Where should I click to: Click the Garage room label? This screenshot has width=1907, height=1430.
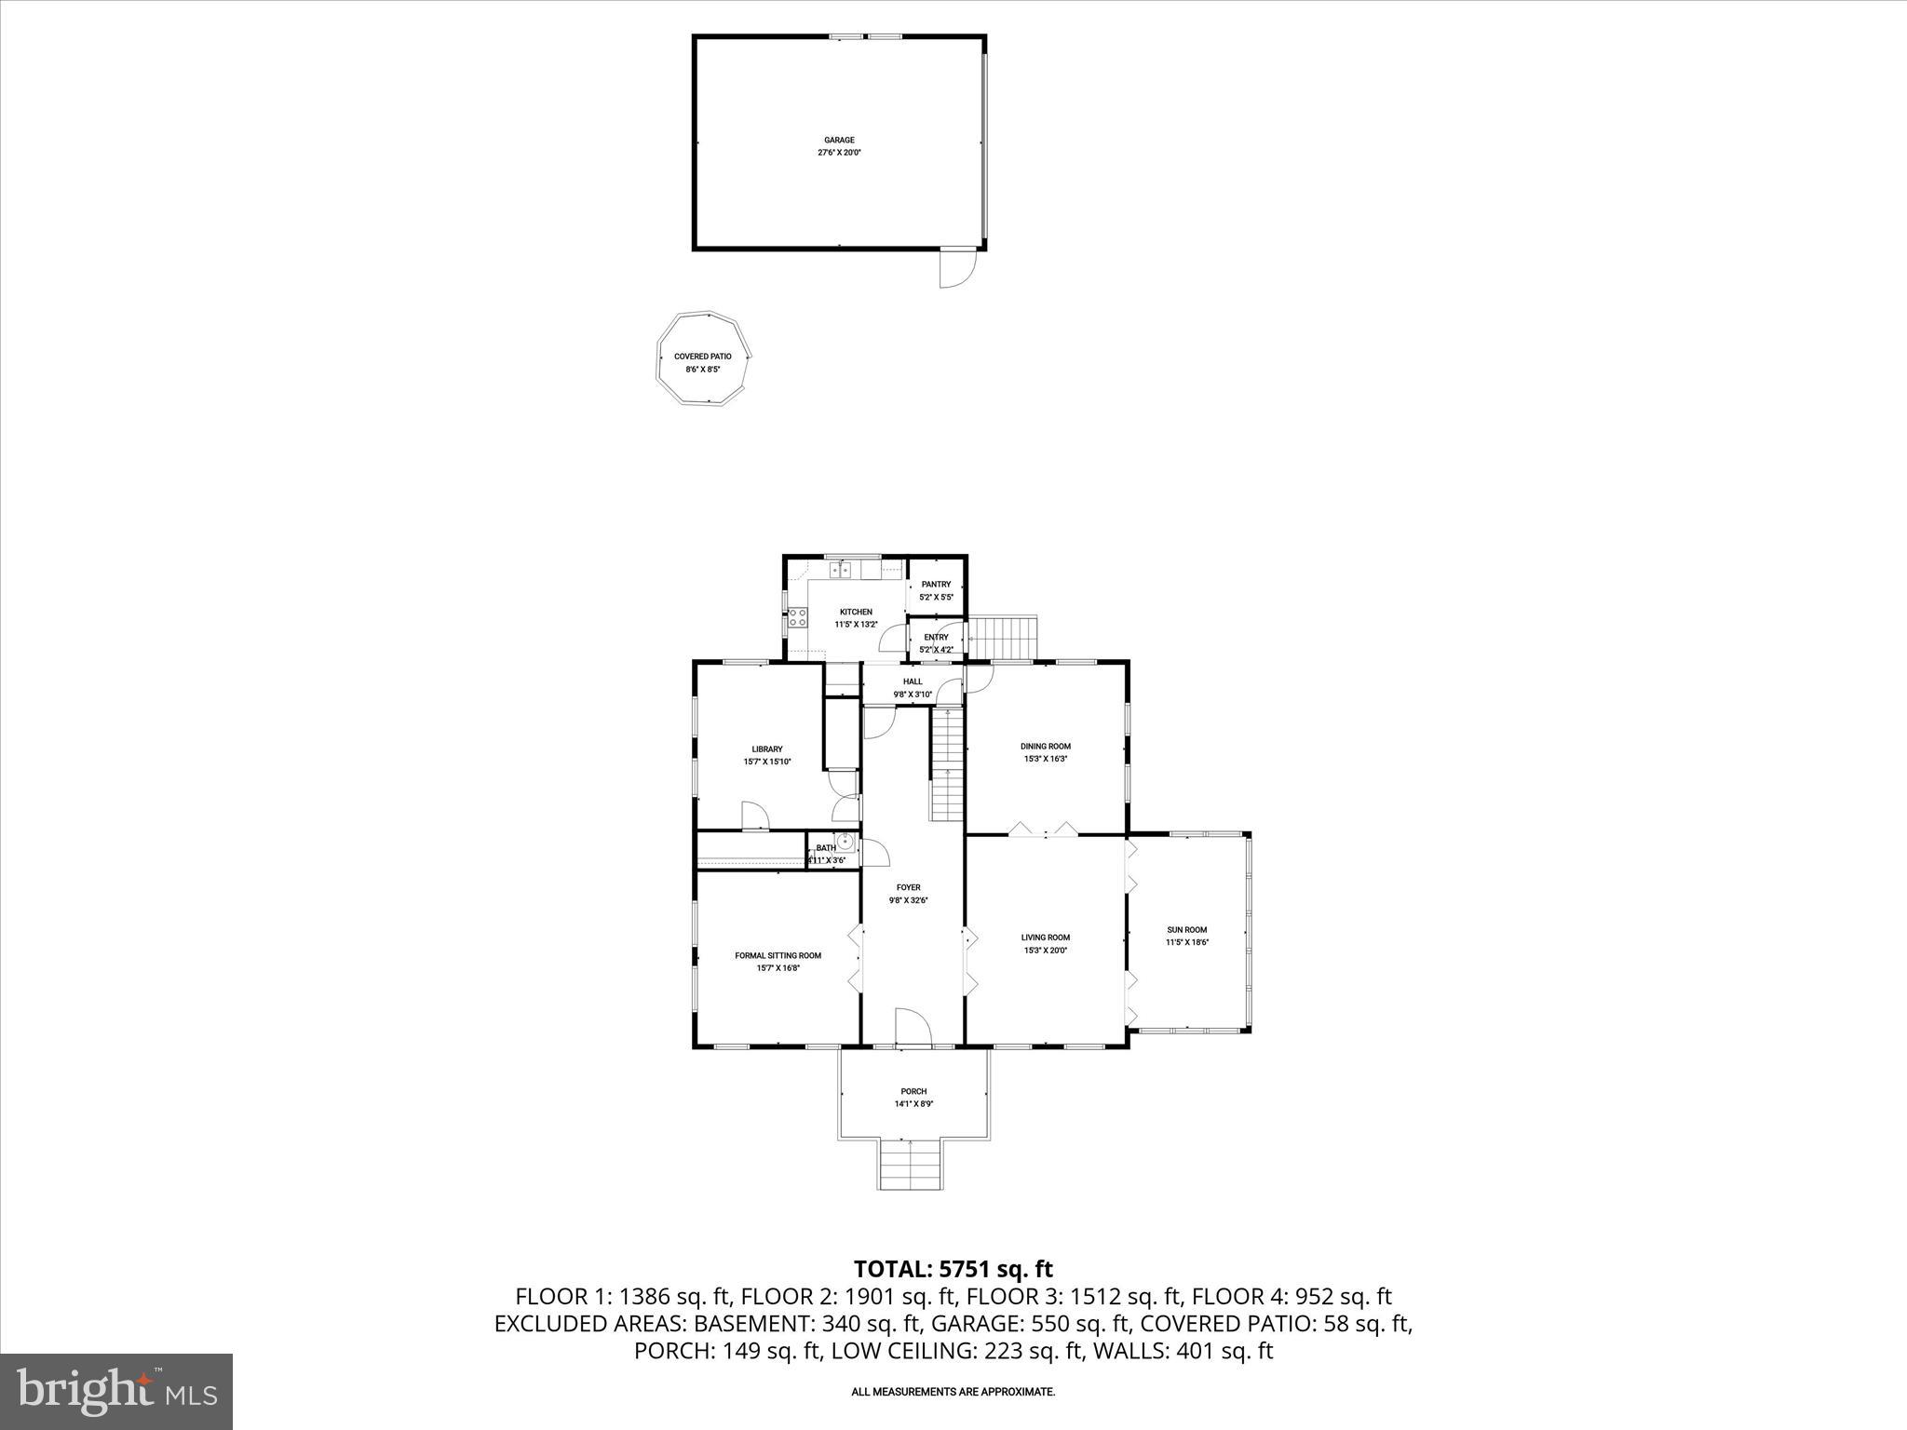839,141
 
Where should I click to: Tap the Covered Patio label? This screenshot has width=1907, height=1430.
702,357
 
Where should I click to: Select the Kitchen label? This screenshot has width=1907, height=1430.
856,612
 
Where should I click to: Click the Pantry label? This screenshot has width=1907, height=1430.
936,585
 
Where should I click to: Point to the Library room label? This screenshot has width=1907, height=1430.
767,749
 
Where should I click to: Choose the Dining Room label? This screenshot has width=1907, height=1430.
1046,747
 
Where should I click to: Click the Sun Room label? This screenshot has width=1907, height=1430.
1186,930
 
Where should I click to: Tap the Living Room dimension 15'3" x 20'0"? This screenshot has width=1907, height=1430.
1046,951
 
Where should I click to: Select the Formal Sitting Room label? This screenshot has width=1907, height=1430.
778,955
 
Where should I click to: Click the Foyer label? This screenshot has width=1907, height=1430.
908,888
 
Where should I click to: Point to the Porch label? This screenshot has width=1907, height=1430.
913,1092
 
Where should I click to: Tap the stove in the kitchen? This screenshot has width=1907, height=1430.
797,617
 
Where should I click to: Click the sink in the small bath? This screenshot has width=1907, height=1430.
845,843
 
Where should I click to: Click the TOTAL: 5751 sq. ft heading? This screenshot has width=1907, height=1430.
953,1269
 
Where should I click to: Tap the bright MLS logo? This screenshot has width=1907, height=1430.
116,1391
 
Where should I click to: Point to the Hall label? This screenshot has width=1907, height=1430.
913,681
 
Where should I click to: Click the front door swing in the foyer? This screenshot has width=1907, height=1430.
912,1027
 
